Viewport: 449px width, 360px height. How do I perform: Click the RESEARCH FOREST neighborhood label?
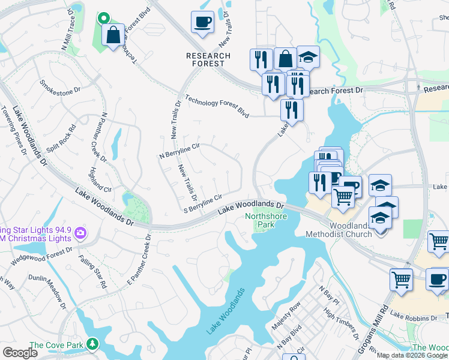[x=208, y=60]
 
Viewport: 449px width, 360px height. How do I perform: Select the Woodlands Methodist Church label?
[x=339, y=230]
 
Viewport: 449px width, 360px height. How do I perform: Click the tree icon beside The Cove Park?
[x=92, y=344]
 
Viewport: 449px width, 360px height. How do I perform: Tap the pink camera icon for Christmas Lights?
[x=80, y=233]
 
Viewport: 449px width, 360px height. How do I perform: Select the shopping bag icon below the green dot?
[x=113, y=35]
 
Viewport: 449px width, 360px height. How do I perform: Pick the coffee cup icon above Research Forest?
[x=202, y=23]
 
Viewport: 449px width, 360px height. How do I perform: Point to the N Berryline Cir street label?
[x=178, y=151]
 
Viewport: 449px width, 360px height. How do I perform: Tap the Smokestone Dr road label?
[x=59, y=87]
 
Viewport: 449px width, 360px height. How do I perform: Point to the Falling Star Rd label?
[x=92, y=273]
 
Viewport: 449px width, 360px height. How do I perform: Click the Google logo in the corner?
[x=19, y=353]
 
